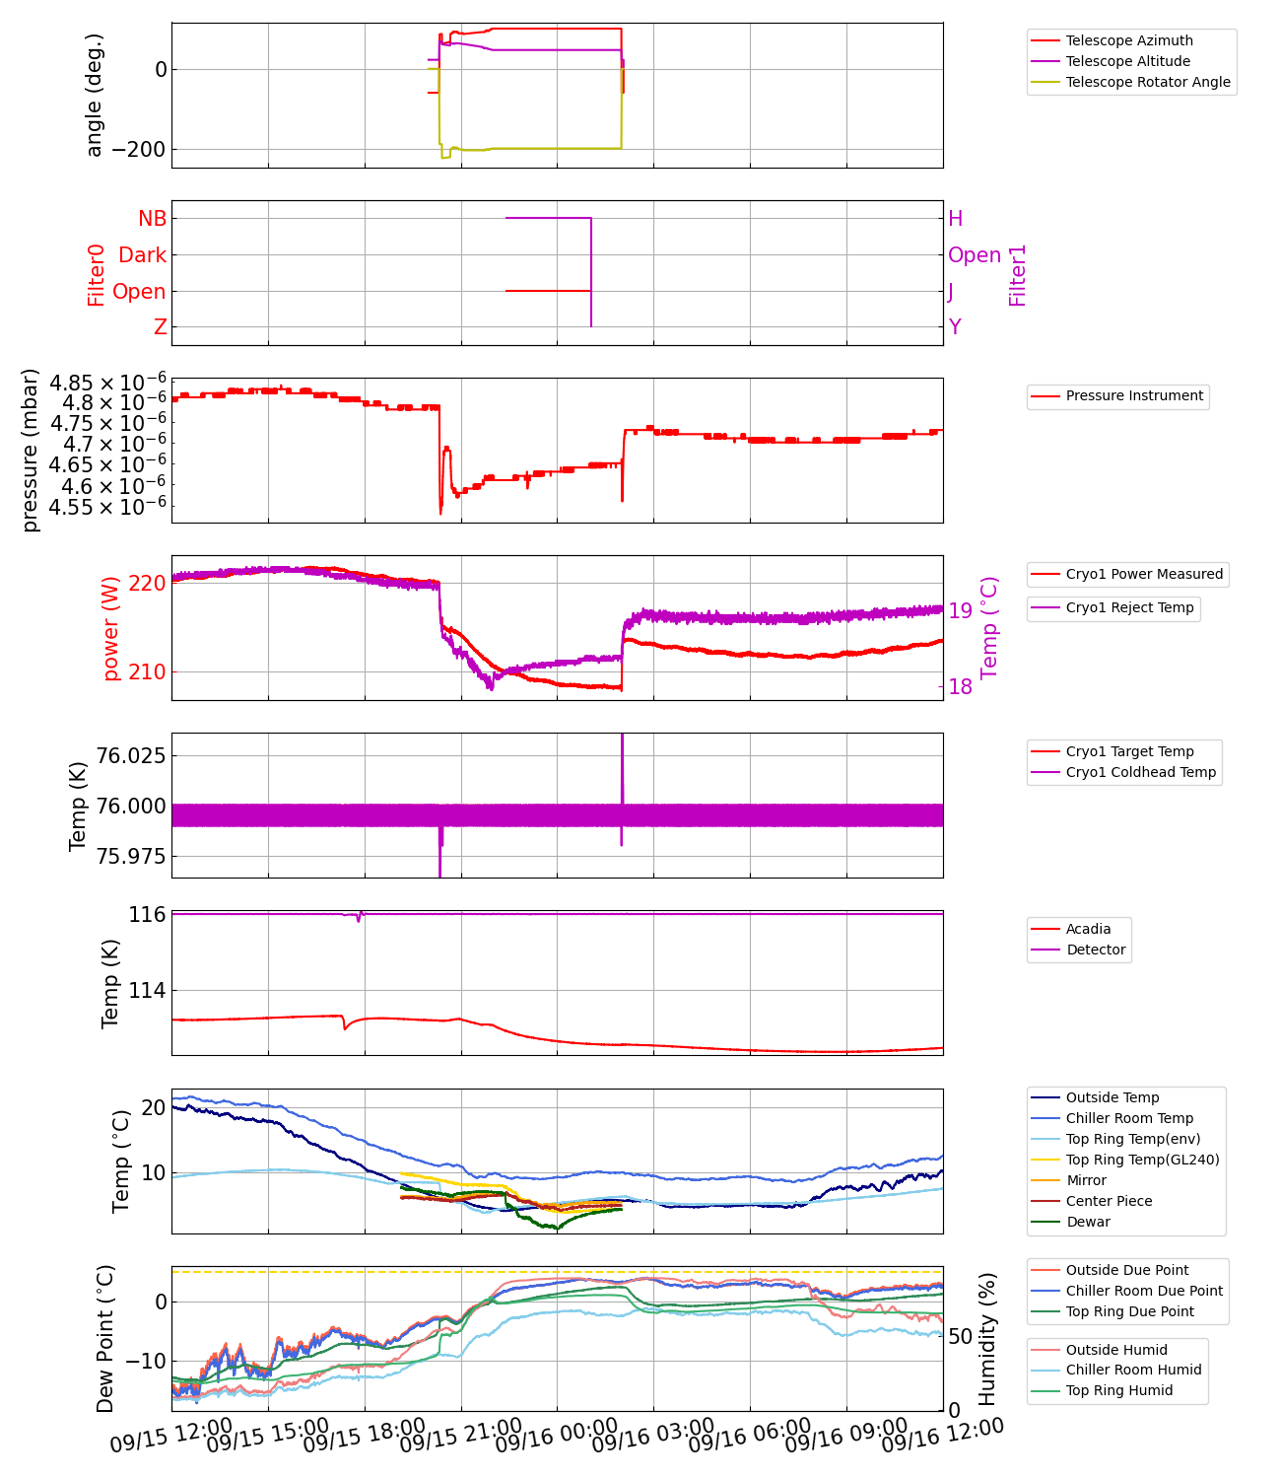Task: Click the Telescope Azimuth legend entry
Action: (x=1128, y=40)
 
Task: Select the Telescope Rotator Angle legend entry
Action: (x=1148, y=82)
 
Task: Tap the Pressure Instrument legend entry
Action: (x=1134, y=395)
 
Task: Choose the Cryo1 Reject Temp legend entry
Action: (x=1129, y=607)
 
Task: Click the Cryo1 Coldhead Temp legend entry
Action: (x=1141, y=772)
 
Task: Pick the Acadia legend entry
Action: (x=1088, y=929)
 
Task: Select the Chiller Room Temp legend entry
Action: (x=1129, y=1118)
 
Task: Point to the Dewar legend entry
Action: (x=1088, y=1222)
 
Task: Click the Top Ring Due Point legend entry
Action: (x=1129, y=1311)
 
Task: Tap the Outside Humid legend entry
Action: (x=1116, y=1350)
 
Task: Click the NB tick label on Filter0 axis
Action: (x=152, y=219)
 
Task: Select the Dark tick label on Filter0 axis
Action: (x=142, y=255)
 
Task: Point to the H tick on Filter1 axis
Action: (x=955, y=219)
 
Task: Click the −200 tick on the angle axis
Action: (x=138, y=150)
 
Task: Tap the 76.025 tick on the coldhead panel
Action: (x=130, y=756)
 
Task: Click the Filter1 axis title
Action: (x=1017, y=275)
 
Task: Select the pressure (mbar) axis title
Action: (x=30, y=450)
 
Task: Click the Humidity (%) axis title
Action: (x=987, y=1338)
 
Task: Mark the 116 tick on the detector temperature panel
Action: (x=147, y=915)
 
